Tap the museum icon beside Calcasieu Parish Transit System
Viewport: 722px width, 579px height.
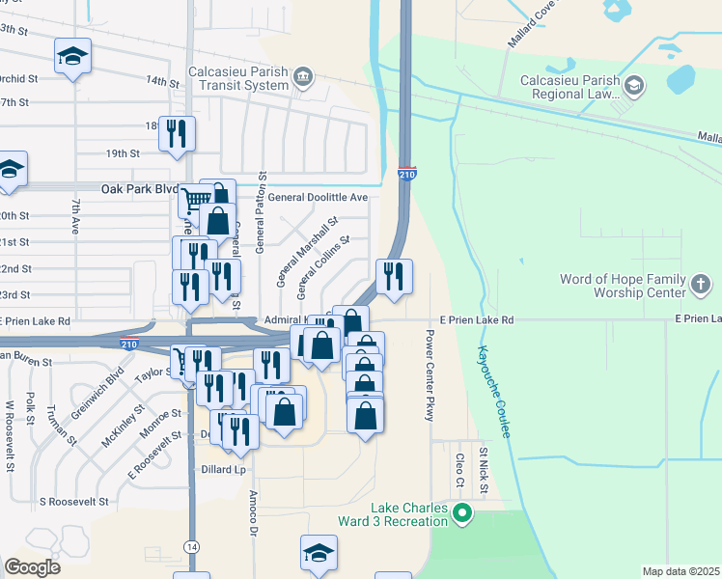coord(303,75)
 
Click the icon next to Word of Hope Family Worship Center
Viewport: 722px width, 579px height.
coord(704,284)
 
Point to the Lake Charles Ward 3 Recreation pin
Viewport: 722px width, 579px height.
coord(461,513)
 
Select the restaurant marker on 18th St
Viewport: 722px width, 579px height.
coord(177,134)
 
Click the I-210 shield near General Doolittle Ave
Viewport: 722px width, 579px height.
coord(406,175)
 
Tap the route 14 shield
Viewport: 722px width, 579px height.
coord(192,546)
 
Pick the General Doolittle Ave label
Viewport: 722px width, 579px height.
coord(319,197)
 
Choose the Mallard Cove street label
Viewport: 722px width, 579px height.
coord(532,23)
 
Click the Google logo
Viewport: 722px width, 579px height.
coord(32,567)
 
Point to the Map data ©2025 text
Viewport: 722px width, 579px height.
coord(680,571)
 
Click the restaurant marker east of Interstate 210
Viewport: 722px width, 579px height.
coord(394,275)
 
